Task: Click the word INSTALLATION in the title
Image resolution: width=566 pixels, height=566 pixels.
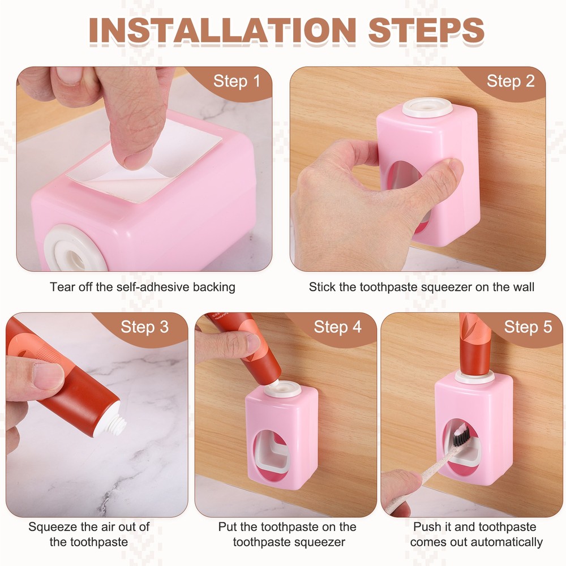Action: tap(222, 31)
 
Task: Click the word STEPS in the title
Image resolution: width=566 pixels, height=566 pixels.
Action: tap(426, 31)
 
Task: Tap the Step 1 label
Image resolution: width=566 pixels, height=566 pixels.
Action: tap(237, 81)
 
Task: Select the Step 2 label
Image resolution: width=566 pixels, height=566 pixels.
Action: tap(511, 81)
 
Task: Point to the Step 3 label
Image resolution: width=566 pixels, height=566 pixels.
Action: tap(145, 327)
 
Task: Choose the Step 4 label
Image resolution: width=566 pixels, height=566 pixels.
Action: tap(337, 327)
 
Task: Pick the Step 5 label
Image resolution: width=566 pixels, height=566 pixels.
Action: tap(528, 327)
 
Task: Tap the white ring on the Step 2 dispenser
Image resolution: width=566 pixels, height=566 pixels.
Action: tap(427, 108)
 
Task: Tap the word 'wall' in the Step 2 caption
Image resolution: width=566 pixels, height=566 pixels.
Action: tap(522, 288)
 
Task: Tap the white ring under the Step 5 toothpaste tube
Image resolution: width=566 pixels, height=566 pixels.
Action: tap(474, 378)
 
